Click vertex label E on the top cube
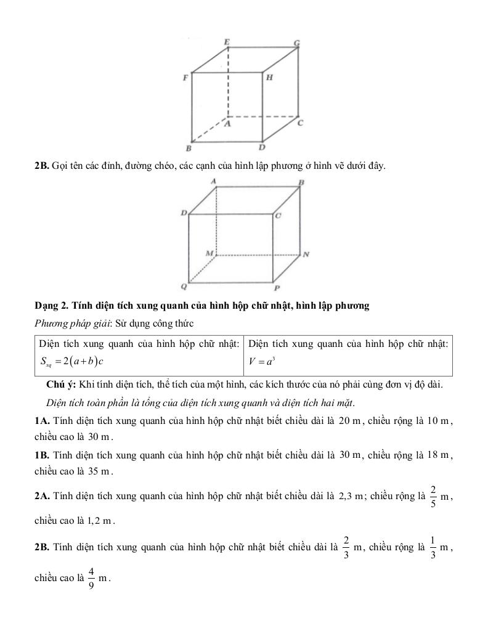click(x=227, y=41)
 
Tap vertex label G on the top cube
click(x=296, y=43)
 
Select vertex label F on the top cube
click(x=184, y=78)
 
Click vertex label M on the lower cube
click(x=209, y=253)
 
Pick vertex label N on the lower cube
click(x=306, y=254)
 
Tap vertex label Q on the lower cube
click(x=183, y=287)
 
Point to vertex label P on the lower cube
click(x=277, y=288)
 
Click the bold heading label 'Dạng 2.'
click(x=51, y=306)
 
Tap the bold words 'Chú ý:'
click(x=60, y=385)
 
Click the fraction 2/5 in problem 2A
click(x=433, y=496)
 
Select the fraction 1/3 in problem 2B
click(x=433, y=547)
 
